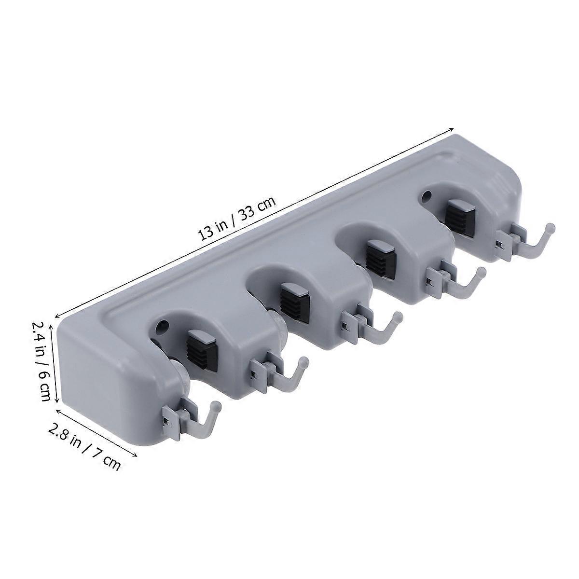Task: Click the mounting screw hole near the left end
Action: coord(163,326)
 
